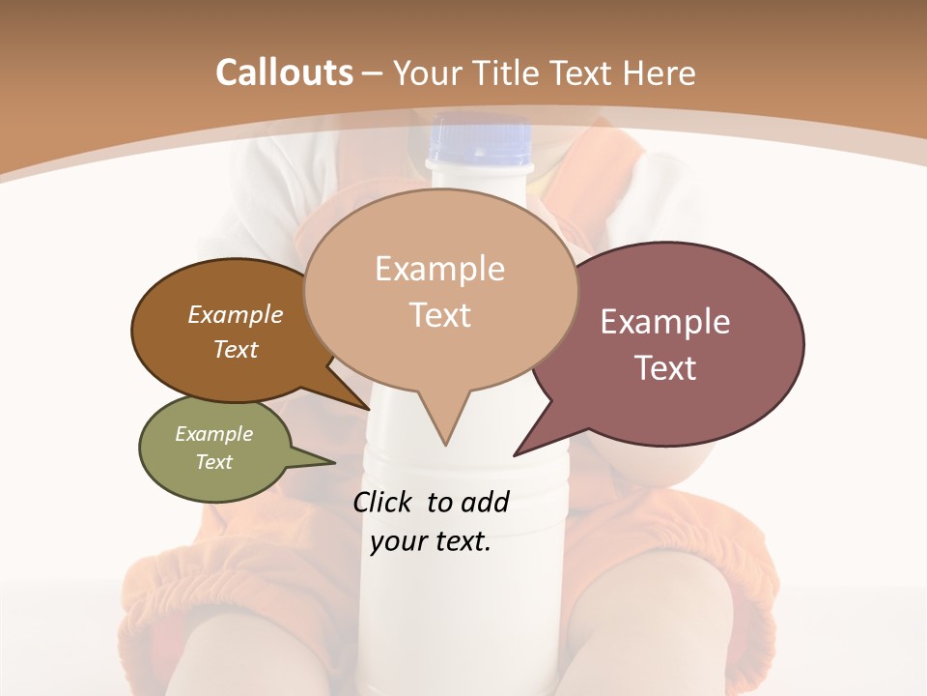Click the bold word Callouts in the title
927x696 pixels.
click(284, 72)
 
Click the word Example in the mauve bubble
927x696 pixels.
click(665, 322)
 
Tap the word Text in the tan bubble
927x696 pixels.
click(440, 315)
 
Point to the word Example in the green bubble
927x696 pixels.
click(214, 434)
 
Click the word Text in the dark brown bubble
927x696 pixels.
click(236, 349)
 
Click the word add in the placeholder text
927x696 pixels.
click(484, 502)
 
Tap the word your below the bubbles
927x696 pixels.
click(398, 541)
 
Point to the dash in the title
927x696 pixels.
click(373, 72)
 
